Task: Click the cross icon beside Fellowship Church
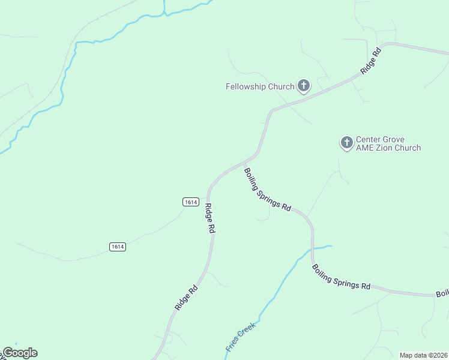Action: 304,86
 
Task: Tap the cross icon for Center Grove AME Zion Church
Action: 346,143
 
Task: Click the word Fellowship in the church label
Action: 246,86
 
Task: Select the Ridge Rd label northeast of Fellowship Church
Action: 371,61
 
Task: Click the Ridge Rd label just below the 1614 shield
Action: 209,218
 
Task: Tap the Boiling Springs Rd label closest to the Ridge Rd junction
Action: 267,190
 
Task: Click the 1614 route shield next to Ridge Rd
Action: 190,202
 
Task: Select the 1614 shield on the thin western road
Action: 118,247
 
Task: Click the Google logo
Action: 20,353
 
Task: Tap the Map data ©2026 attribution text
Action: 423,355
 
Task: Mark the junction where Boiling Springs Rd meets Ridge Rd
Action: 244,162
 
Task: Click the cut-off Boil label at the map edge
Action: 442,293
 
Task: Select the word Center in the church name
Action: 369,139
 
